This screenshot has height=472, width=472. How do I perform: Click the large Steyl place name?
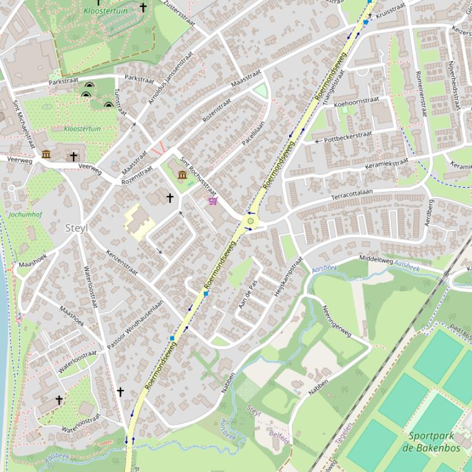tap(77, 228)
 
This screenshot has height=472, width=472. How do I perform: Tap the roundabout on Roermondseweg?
tap(250, 221)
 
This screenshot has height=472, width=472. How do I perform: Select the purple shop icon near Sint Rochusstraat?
tap(213, 200)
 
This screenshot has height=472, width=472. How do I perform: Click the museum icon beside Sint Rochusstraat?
tap(182, 175)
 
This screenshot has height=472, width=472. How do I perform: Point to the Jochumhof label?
tap(25, 215)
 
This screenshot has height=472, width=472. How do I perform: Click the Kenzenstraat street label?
tap(122, 262)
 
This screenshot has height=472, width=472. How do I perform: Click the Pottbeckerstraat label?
tap(347, 137)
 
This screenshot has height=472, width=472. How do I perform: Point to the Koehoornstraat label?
tap(356, 102)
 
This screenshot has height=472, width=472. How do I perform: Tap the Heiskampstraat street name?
tap(289, 276)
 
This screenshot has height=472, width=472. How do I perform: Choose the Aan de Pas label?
tap(247, 294)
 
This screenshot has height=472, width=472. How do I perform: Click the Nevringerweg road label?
tap(336, 321)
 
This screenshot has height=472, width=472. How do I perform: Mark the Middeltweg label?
tap(376, 259)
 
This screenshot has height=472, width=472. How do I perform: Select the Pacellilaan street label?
tap(253, 132)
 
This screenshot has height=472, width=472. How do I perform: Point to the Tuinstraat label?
tap(120, 101)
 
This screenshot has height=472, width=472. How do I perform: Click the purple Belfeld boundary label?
tap(279, 438)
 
